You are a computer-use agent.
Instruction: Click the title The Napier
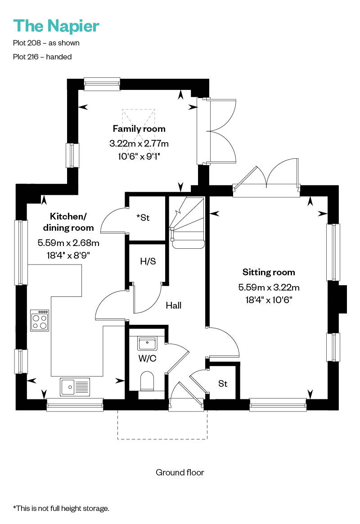(56, 26)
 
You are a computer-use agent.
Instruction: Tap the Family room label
(139, 129)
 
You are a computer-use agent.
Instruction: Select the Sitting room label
(269, 272)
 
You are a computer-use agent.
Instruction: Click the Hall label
(173, 305)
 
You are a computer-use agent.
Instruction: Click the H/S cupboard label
(148, 261)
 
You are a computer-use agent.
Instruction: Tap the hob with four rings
(40, 321)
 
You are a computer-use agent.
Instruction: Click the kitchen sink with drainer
(75, 386)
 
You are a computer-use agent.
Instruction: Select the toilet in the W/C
(147, 381)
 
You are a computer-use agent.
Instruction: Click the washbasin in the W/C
(147, 344)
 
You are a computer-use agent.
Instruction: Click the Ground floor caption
(180, 472)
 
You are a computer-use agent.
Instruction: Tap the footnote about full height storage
(61, 508)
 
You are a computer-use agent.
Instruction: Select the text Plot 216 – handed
(42, 57)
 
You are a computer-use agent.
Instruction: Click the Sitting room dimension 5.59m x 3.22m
(269, 287)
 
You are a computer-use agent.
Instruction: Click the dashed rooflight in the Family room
(139, 119)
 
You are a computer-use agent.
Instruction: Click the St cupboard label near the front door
(223, 384)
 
